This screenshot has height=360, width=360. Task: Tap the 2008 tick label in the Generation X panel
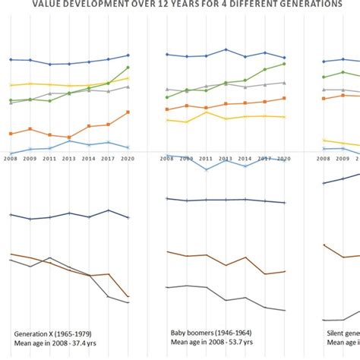[x=10, y=159]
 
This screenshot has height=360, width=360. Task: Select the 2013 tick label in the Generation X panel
[x=69, y=159]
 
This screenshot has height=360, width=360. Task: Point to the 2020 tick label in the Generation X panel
[x=128, y=159]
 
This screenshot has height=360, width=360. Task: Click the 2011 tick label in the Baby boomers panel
[x=206, y=159]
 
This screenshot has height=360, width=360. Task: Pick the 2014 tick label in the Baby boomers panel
[x=245, y=159]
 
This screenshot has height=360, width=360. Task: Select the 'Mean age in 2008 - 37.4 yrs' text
[x=62, y=343]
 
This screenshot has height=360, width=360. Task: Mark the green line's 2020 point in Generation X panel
[x=128, y=68]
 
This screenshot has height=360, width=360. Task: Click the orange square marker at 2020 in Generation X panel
[x=128, y=112]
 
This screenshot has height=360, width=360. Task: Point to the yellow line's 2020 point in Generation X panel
[x=128, y=77]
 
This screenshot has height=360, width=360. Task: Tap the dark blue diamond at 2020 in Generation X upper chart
[x=128, y=55]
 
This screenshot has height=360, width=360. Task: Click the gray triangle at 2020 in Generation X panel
[x=128, y=87]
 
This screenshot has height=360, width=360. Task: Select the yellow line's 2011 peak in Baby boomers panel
[x=206, y=112]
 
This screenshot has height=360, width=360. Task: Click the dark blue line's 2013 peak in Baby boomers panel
[x=226, y=50]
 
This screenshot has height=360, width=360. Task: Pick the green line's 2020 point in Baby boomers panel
[x=284, y=64]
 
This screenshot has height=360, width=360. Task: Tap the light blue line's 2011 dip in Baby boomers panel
[x=206, y=169]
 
